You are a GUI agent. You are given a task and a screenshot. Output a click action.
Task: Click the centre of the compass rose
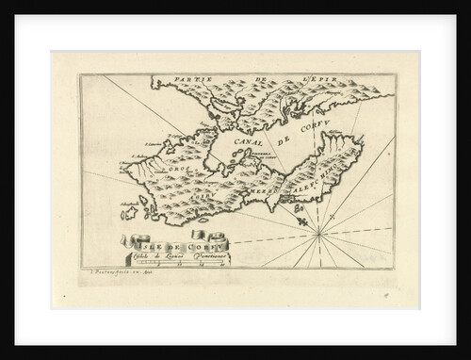click(x=320, y=229)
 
